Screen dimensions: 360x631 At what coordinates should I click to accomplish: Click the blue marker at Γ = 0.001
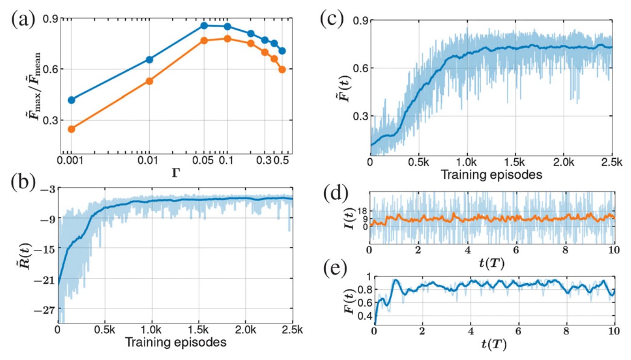72,100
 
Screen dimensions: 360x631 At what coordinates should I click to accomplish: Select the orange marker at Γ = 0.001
72,129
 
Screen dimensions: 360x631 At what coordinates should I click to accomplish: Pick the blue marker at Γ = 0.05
204,25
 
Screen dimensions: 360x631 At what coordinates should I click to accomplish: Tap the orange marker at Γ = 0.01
149,81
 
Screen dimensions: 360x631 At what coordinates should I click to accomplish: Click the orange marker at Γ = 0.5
282,69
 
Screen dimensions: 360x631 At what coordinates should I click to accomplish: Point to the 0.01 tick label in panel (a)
149,161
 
